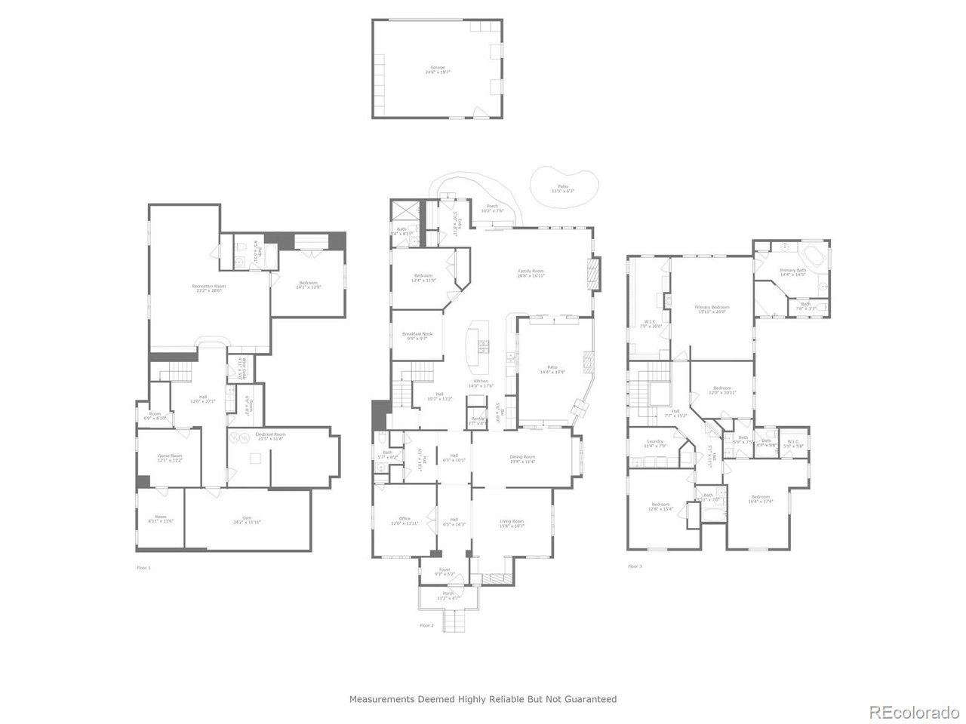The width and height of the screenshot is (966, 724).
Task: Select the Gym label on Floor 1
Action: [247, 520]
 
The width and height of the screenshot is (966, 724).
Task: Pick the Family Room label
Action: [531, 273]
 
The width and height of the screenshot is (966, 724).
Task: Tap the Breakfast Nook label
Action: [417, 336]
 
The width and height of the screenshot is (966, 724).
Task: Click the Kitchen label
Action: [481, 383]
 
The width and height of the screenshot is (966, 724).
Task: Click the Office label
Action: [405, 520]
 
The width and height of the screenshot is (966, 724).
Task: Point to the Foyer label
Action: [445, 572]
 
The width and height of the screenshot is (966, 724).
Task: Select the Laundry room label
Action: [654, 443]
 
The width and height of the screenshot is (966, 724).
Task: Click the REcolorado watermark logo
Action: [913, 712]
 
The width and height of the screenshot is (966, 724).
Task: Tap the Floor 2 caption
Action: [427, 625]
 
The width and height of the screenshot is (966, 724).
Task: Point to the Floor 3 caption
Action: [635, 566]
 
